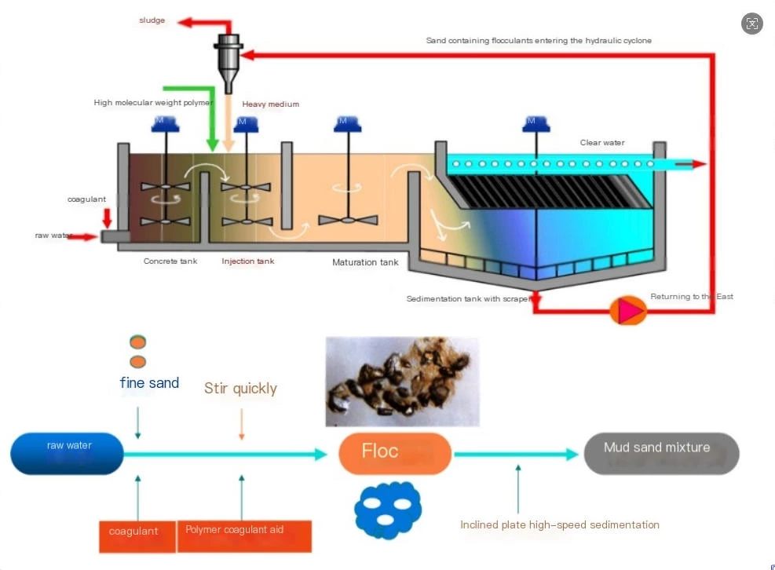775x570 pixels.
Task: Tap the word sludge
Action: click(152, 20)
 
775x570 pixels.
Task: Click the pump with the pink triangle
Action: click(628, 311)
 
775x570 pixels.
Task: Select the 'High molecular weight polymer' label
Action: click(152, 103)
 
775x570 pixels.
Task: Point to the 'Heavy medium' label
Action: click(270, 104)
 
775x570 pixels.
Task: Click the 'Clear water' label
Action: click(602, 143)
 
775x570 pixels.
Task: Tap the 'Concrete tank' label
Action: click(170, 261)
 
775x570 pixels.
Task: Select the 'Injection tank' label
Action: click(248, 261)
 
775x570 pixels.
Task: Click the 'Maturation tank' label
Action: click(365, 262)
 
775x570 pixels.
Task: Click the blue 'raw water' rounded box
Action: click(68, 454)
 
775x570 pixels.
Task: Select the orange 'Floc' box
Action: click(395, 452)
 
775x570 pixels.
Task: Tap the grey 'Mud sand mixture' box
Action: click(661, 453)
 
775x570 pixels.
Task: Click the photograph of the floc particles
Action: click(401, 382)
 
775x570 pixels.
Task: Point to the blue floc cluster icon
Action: click(387, 510)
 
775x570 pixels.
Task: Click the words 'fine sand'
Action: click(149, 383)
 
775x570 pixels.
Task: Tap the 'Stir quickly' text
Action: click(240, 388)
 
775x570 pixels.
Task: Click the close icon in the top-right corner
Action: click(751, 23)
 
